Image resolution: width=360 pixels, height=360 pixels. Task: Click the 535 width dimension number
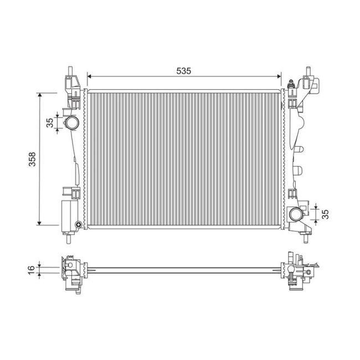click(x=183, y=71)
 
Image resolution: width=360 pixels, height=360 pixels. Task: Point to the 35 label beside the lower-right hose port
click(x=326, y=213)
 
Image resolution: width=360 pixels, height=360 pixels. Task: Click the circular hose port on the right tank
click(x=296, y=214)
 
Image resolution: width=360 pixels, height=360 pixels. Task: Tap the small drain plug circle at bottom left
click(x=78, y=224)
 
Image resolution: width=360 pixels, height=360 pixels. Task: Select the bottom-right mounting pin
click(x=306, y=239)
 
